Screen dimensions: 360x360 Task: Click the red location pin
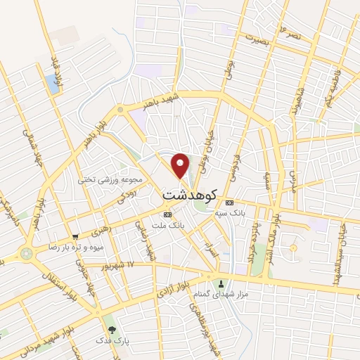coord(181,165)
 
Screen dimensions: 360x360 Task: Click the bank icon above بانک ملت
coord(167,214)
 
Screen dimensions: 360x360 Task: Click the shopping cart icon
coord(75,236)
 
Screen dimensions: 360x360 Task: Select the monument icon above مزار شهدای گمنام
coord(222,284)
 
